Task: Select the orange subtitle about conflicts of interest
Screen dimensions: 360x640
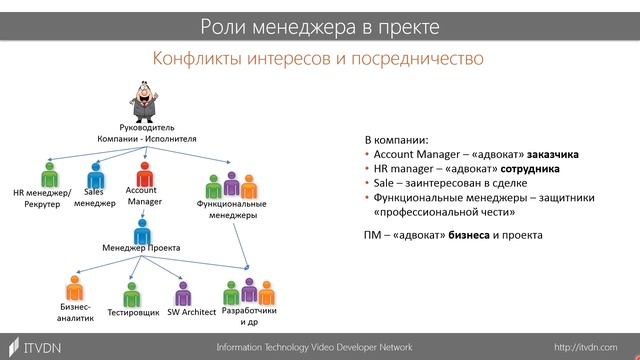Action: click(x=318, y=59)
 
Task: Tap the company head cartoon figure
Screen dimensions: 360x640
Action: click(x=147, y=102)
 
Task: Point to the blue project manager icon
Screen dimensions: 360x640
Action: click(x=141, y=229)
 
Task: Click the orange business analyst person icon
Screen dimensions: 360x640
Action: click(x=73, y=287)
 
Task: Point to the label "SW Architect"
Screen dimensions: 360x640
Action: click(x=193, y=313)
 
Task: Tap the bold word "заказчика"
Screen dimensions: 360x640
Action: click(x=545, y=156)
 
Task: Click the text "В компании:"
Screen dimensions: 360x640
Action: click(x=396, y=141)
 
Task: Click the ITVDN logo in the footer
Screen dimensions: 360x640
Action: click(x=34, y=346)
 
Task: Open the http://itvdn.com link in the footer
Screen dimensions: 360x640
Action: click(x=591, y=346)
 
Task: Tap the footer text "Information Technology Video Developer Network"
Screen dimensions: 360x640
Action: click(x=314, y=346)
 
